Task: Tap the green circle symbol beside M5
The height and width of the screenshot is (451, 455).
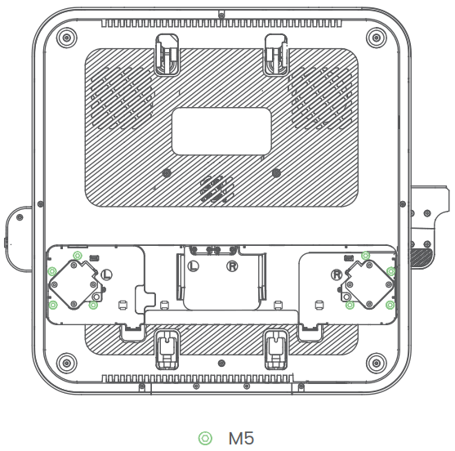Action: click(205, 439)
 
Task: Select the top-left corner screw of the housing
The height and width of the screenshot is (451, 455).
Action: click(67, 36)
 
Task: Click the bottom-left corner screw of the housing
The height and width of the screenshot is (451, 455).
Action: click(67, 360)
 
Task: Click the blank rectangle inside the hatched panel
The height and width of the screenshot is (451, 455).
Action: click(221, 131)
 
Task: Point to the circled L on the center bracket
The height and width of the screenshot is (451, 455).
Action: click(193, 266)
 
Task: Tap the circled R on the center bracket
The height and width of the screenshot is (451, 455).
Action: click(232, 266)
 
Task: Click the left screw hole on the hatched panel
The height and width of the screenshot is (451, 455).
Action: click(167, 173)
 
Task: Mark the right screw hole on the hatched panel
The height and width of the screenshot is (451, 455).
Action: click(275, 173)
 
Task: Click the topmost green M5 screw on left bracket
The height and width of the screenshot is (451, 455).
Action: click(77, 256)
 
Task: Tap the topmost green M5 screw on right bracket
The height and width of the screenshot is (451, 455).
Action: click(365, 256)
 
